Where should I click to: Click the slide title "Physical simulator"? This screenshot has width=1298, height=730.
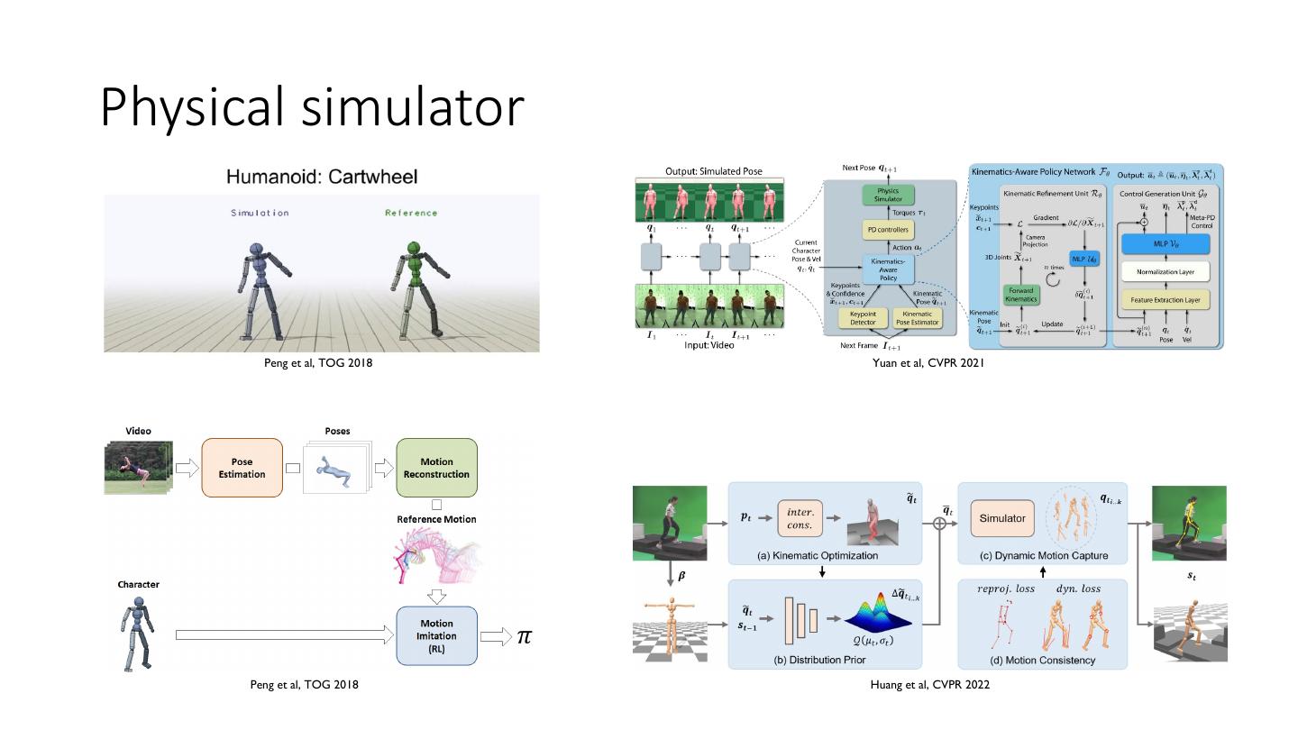pos(312,107)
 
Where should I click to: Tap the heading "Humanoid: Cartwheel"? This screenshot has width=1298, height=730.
pos(322,177)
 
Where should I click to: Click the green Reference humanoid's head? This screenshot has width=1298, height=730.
pos(413,249)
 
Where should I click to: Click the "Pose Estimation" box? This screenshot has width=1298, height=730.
pos(242,468)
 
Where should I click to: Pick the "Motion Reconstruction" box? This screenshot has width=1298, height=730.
pos(436,468)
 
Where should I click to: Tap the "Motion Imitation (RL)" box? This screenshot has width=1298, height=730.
pos(436,635)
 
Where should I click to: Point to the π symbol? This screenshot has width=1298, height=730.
pos(524,636)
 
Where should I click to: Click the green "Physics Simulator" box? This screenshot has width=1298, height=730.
pos(889,195)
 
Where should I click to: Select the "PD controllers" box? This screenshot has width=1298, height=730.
pos(889,230)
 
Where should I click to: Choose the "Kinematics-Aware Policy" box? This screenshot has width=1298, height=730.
pos(889,269)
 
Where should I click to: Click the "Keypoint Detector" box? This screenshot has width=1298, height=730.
pos(863,318)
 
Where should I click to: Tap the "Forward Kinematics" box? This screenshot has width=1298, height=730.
pos(1021,293)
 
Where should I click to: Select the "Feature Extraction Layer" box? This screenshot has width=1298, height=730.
pos(1164,299)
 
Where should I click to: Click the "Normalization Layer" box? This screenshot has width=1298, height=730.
pos(1164,271)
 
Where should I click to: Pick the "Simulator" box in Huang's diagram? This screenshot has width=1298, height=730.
pos(1002,518)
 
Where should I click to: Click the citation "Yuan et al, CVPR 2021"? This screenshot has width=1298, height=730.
pos(928,363)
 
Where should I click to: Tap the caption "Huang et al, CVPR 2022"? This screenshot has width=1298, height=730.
pos(929,685)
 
